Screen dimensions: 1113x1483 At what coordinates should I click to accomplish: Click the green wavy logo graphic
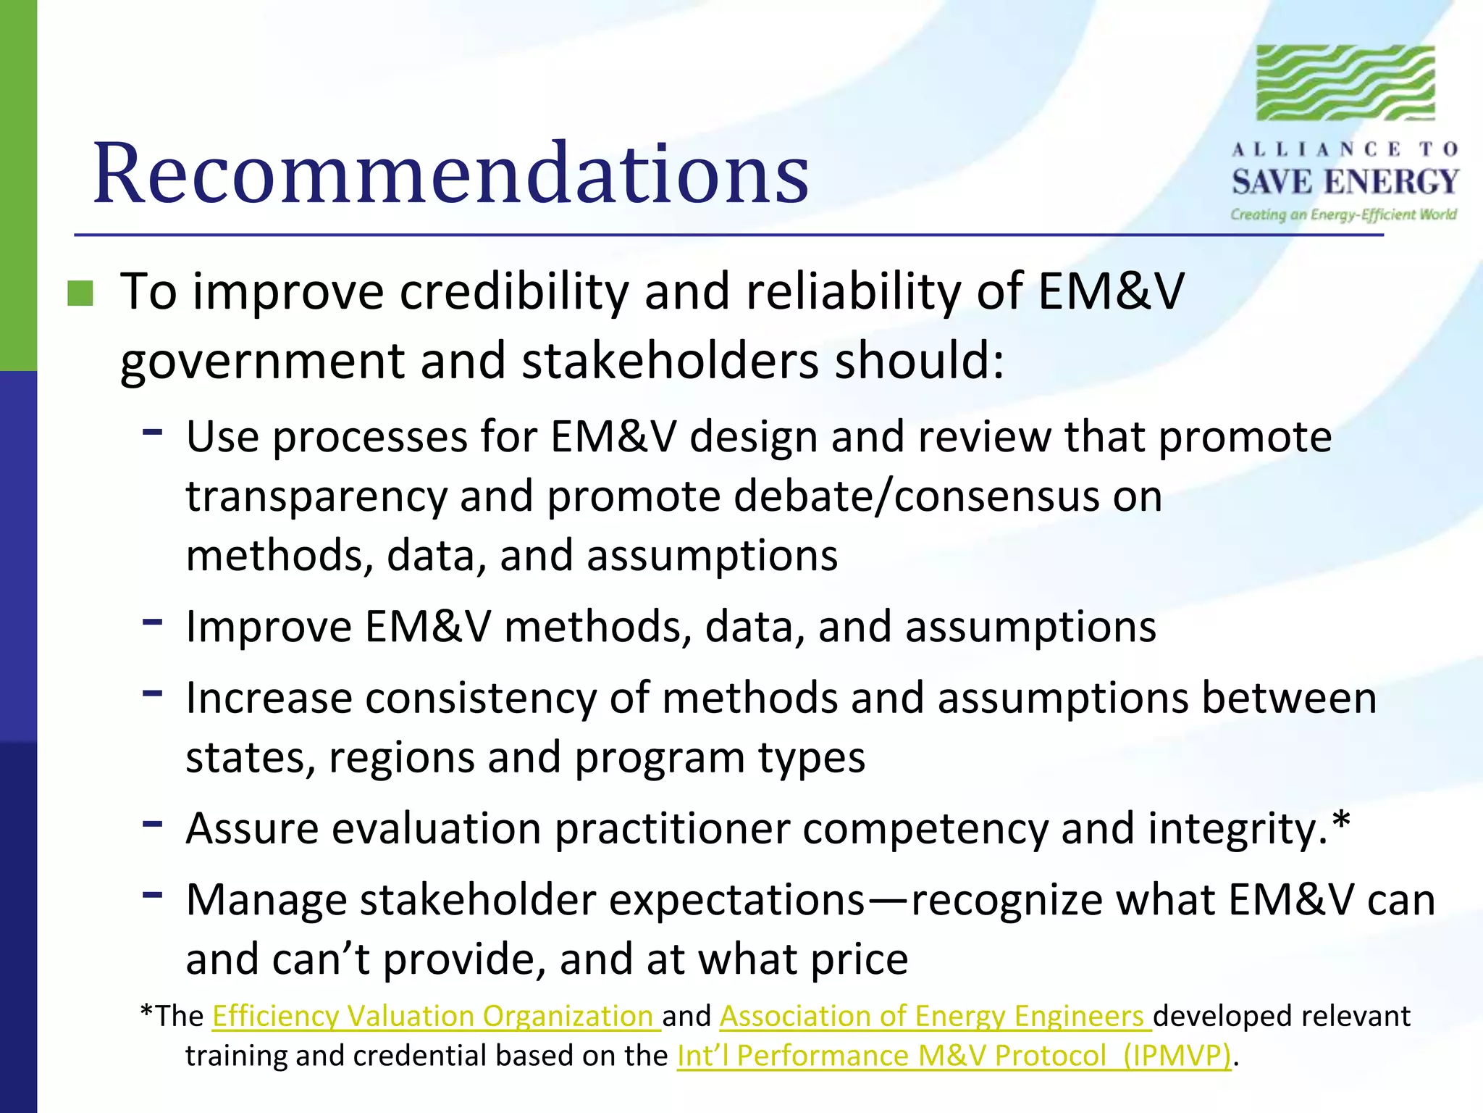click(x=1345, y=83)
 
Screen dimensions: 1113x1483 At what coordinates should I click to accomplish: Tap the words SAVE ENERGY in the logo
click(x=1345, y=182)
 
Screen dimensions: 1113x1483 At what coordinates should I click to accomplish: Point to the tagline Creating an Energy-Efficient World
click(x=1343, y=214)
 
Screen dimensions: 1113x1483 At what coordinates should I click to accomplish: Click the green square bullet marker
click(x=80, y=293)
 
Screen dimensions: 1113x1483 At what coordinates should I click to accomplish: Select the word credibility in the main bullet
click(x=514, y=292)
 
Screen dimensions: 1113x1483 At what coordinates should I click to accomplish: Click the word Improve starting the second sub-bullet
click(x=268, y=627)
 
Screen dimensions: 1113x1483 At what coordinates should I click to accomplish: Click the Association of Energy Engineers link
click(x=934, y=1016)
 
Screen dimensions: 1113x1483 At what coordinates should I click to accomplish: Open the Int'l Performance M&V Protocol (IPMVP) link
click(x=954, y=1056)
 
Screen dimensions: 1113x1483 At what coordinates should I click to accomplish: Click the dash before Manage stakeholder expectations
click(x=152, y=894)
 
